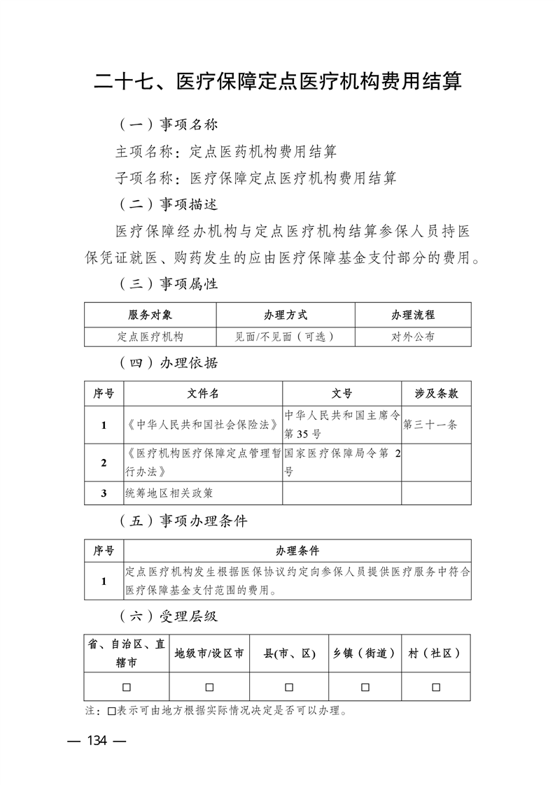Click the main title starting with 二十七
pyautogui.click(x=278, y=81)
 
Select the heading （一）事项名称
pyautogui.click(x=167, y=125)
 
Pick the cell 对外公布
pyautogui.click(x=412, y=337)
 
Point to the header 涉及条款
pyautogui.click(x=436, y=393)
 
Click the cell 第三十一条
pyautogui.click(x=430, y=425)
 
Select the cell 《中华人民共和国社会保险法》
pyautogui.click(x=203, y=425)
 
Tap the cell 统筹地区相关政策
pyautogui.click(x=169, y=493)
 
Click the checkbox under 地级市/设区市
pyautogui.click(x=209, y=687)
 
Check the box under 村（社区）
pyautogui.click(x=436, y=687)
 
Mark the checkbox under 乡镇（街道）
pyautogui.click(x=365, y=687)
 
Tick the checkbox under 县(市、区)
pyautogui.click(x=289, y=687)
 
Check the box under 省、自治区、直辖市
pyautogui.click(x=127, y=687)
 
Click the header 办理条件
pyautogui.click(x=297, y=551)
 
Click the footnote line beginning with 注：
pyautogui.click(x=217, y=712)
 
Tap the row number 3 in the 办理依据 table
pyautogui.click(x=104, y=493)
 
